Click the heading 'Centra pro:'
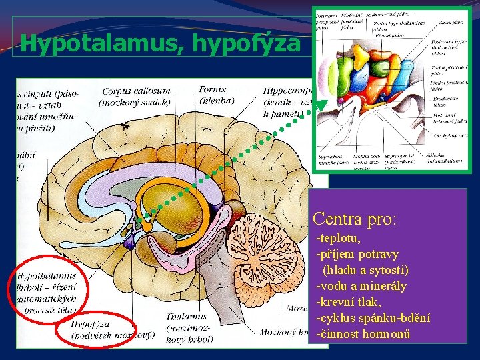pos(354,218)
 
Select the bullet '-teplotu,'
pos(338,238)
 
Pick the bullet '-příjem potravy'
pos(357,254)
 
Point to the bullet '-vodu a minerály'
pos(361,286)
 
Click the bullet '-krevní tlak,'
pos(349,302)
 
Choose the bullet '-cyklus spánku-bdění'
pos(373,318)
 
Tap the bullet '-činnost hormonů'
pos(363,334)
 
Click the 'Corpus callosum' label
pos(135,91)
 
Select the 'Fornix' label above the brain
pos(213,89)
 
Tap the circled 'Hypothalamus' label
pos(47,275)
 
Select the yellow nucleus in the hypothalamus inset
pos(363,63)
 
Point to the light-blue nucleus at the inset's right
pos(408,73)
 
